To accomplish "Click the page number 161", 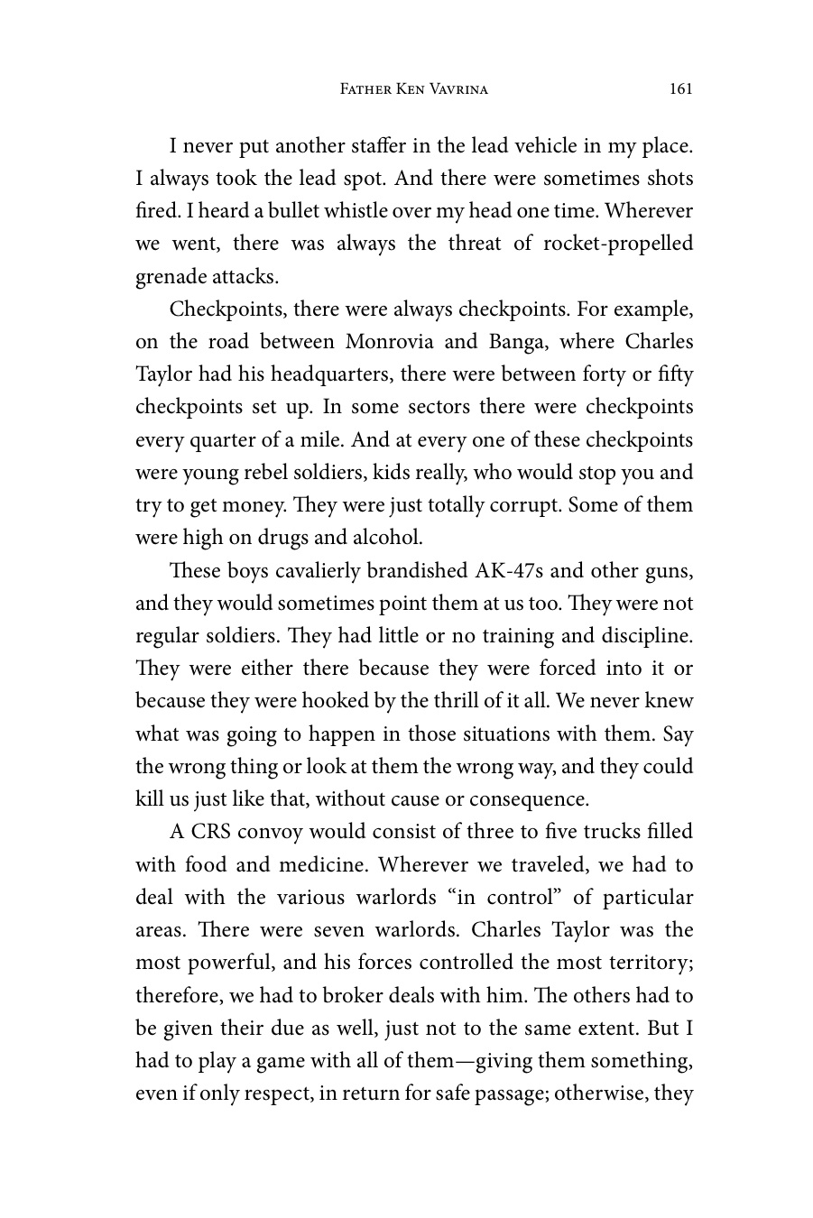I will (681, 88).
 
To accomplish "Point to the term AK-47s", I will (507, 571).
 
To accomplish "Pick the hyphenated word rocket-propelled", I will (618, 244).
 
